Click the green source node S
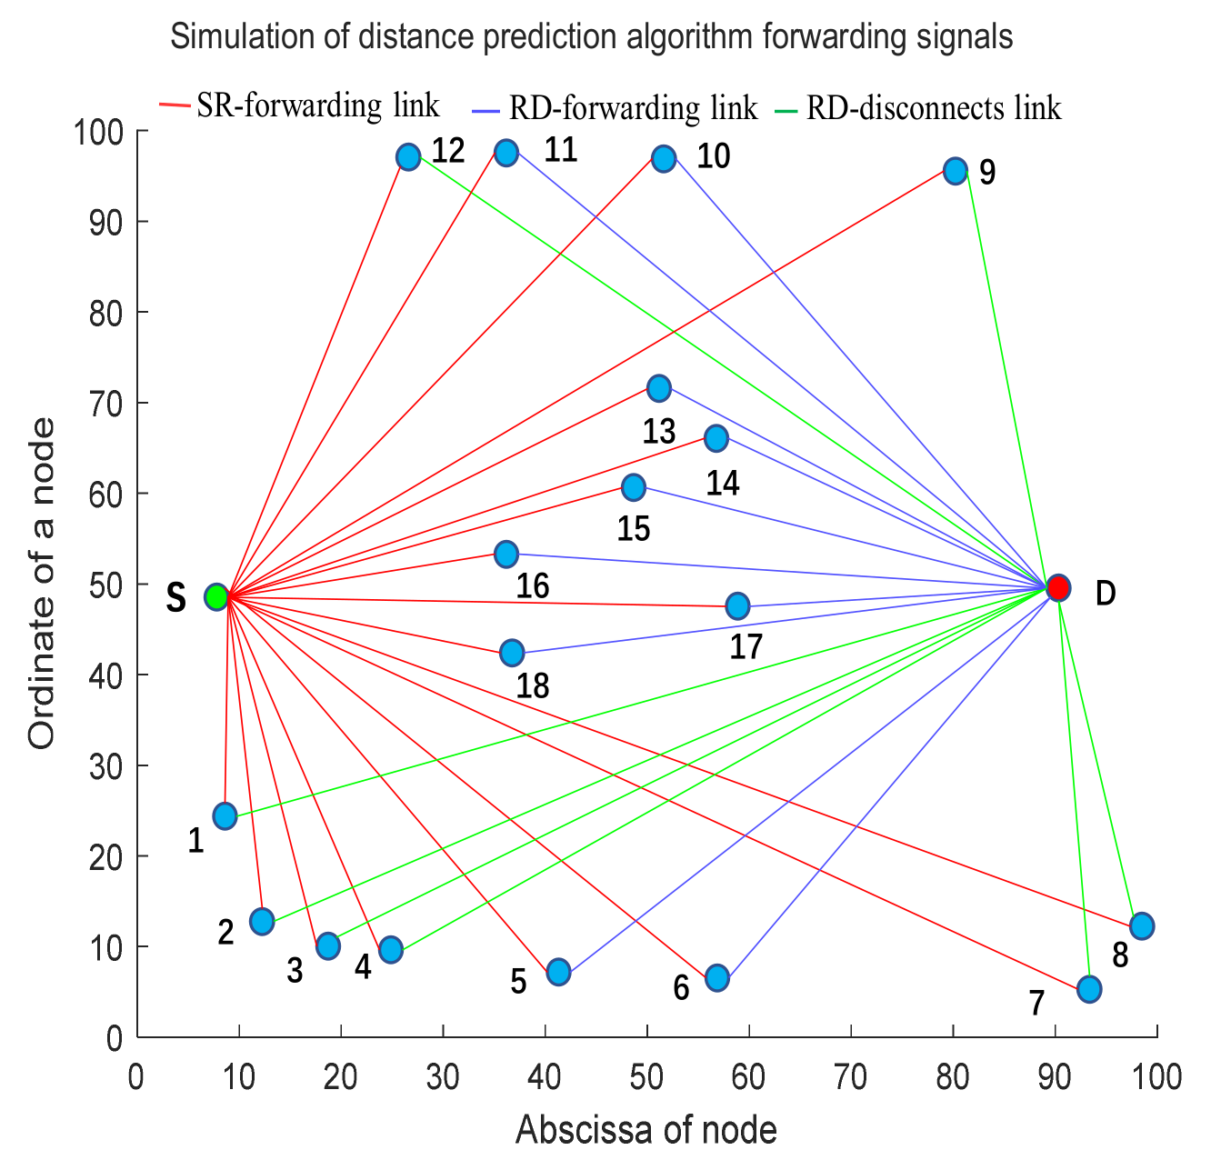[215, 597]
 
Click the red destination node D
[1057, 588]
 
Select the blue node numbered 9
[955, 171]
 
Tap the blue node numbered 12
[408, 157]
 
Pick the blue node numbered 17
[737, 605]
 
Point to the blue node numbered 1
[225, 815]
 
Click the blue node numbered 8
[1141, 926]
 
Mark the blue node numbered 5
[558, 972]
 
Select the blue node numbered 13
[658, 389]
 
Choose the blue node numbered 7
[1088, 988]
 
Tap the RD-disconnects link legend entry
[933, 109]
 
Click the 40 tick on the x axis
[545, 1077]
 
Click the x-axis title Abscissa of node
[646, 1130]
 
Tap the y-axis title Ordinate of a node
[42, 584]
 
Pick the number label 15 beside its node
[633, 528]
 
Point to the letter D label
[1105, 594]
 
